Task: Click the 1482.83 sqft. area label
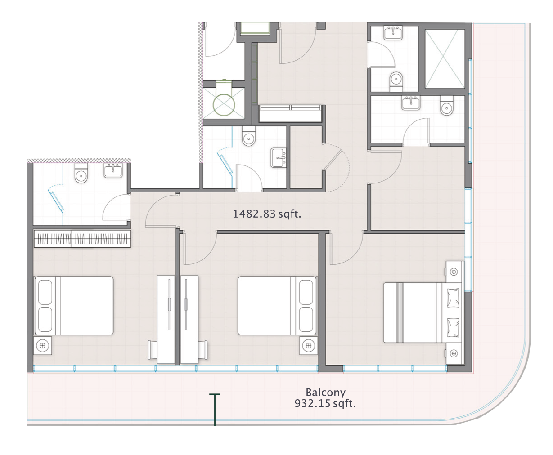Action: click(x=267, y=214)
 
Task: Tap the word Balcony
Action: click(x=325, y=393)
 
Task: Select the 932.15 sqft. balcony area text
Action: click(x=325, y=403)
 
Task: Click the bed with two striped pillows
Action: click(x=423, y=312)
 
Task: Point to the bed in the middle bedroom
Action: click(x=277, y=306)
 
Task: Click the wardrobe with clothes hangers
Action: click(x=82, y=239)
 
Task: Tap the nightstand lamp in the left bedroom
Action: click(x=42, y=346)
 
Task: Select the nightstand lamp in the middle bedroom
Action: click(x=308, y=346)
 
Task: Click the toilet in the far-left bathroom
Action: click(x=81, y=173)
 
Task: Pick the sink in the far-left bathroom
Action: click(x=113, y=170)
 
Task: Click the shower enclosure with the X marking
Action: click(x=445, y=58)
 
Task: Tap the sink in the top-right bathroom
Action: click(x=393, y=33)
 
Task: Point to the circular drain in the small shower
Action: click(x=224, y=105)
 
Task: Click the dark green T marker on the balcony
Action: click(x=215, y=410)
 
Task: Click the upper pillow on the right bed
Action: click(x=453, y=298)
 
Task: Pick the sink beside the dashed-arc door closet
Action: click(x=279, y=158)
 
